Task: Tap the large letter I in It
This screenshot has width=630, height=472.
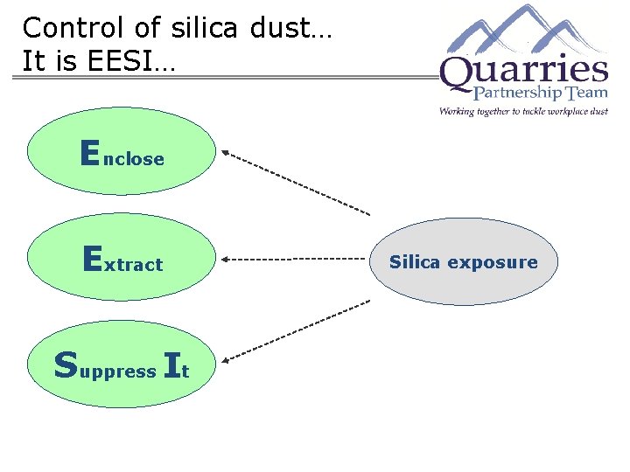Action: (x=171, y=365)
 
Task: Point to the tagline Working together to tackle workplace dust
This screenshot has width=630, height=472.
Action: (x=523, y=112)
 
